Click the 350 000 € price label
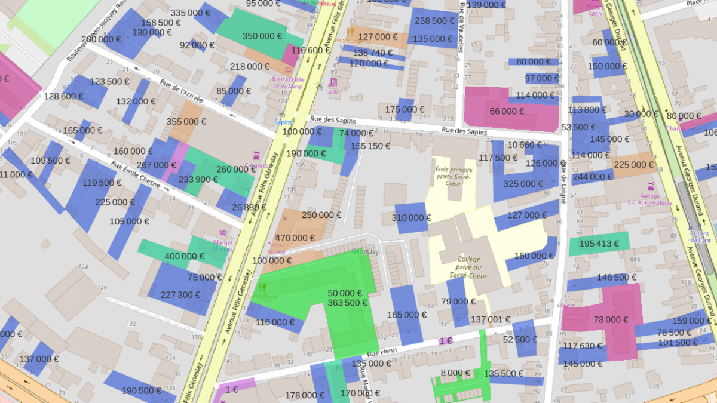click(x=262, y=36)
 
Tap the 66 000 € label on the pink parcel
click(x=507, y=111)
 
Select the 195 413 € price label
click(x=599, y=244)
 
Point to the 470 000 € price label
click(x=295, y=238)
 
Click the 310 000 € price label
click(x=412, y=218)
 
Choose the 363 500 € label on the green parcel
click(x=347, y=303)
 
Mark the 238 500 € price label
click(x=434, y=20)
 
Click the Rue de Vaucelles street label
click(x=462, y=27)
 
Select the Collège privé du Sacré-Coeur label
click(x=470, y=267)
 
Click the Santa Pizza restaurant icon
click(x=262, y=287)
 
